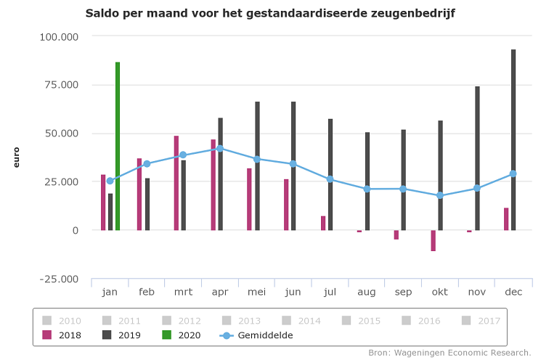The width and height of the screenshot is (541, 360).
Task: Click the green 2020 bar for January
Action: tap(118, 146)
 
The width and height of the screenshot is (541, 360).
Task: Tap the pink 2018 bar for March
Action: tap(176, 183)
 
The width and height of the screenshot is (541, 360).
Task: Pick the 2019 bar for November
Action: tap(477, 158)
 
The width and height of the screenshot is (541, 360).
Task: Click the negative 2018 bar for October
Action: tap(433, 240)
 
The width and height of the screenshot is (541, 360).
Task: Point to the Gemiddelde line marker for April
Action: tap(220, 148)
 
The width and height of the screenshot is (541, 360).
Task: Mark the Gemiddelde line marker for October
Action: tap(440, 195)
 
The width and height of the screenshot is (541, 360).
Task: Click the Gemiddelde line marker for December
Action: tap(513, 173)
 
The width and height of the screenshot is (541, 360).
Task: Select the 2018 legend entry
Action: tap(62, 335)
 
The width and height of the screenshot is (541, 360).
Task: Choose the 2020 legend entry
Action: tap(182, 335)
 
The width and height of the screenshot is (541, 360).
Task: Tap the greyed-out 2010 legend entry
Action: tap(62, 321)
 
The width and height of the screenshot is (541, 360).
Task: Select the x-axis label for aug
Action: tap(367, 292)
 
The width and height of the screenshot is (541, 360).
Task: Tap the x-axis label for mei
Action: tap(256, 292)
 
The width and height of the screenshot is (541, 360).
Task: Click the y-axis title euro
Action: tap(16, 157)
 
